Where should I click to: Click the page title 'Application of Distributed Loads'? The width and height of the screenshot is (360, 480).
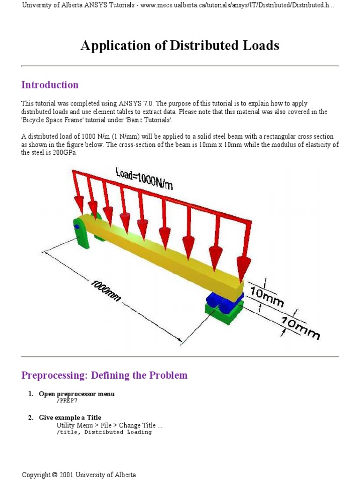(180, 45)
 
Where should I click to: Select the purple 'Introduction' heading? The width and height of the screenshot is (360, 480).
(50, 85)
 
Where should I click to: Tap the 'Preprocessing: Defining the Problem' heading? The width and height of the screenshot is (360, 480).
(104, 375)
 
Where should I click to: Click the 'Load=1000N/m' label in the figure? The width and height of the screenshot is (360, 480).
(144, 178)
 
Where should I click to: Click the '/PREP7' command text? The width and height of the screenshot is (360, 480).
(67, 401)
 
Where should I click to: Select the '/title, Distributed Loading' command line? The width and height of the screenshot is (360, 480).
(104, 432)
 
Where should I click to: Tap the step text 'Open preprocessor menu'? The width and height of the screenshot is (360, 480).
(76, 394)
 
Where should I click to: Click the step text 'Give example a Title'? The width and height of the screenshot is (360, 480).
(70, 418)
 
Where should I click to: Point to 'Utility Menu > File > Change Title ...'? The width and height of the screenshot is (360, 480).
(109, 425)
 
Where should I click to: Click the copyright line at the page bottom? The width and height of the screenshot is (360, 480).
(79, 474)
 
